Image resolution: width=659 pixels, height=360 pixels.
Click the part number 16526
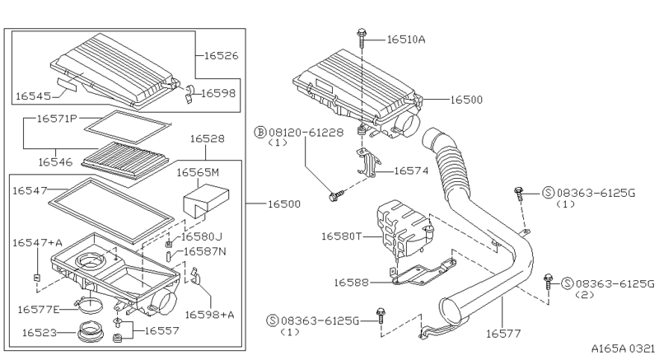(217, 56)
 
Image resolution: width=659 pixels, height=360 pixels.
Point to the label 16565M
(199, 174)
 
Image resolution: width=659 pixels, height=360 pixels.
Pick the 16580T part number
(344, 236)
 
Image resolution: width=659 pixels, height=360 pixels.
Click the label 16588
(353, 283)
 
